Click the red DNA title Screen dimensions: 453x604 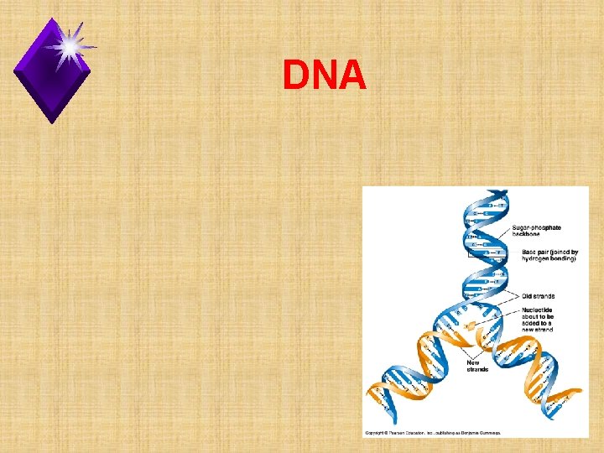325,76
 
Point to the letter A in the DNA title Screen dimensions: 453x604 353,76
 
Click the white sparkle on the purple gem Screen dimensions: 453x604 70,45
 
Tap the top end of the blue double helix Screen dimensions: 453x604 489,195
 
